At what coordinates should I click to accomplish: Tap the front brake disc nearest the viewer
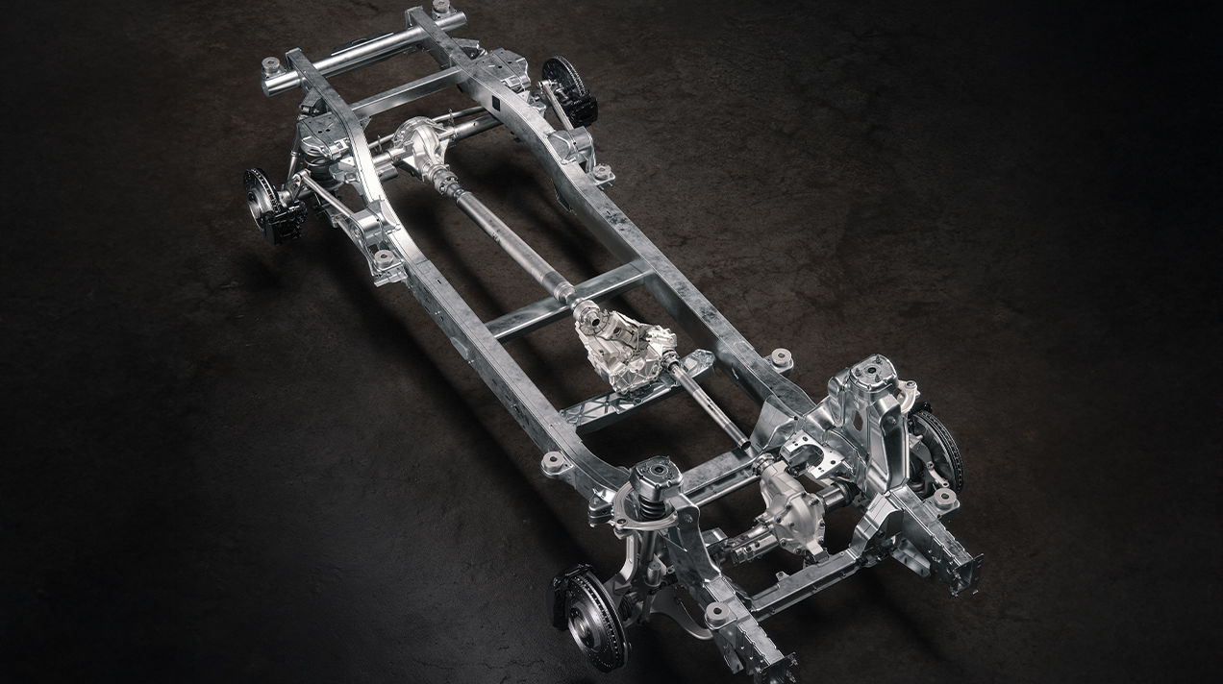click(588, 615)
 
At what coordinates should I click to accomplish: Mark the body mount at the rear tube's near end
click(272, 67)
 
